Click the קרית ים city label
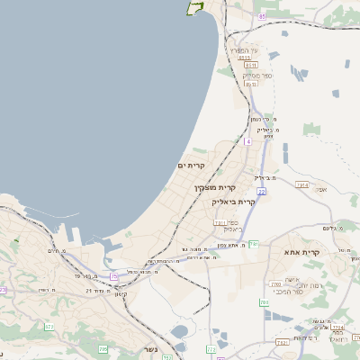193,166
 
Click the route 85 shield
262,16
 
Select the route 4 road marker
247,141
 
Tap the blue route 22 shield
261,191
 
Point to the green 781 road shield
255,244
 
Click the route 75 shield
113,276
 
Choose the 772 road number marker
212,348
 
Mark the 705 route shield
103,347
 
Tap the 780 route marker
264,302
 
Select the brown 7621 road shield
282,342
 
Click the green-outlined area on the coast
194,7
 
